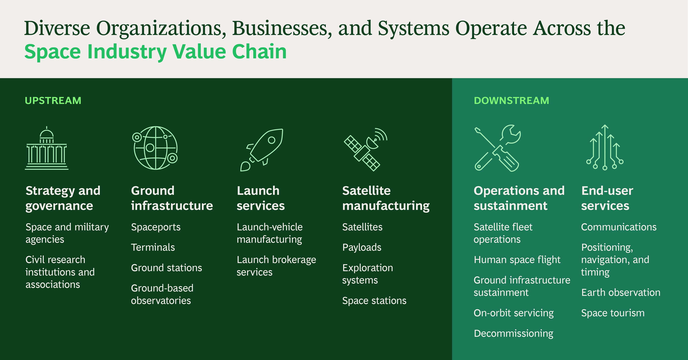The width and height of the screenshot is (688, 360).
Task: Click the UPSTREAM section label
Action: (53, 101)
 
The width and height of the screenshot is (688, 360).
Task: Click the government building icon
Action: (47, 148)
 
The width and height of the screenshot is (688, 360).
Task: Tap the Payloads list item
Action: (362, 248)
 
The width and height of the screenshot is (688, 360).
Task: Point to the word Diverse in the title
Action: (57, 28)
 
